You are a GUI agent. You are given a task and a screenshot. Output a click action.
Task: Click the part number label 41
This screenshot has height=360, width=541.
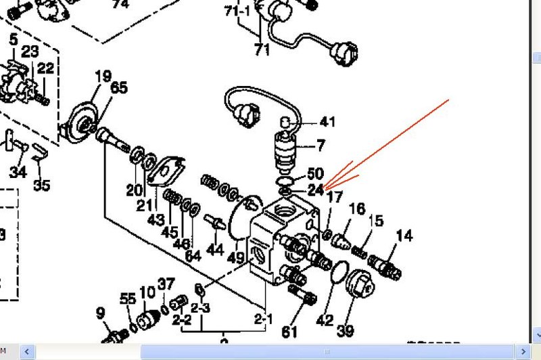tap(327, 122)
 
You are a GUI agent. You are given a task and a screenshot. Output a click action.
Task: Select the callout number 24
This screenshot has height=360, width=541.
tap(316, 190)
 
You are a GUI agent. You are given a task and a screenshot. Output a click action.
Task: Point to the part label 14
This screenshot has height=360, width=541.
tap(404, 235)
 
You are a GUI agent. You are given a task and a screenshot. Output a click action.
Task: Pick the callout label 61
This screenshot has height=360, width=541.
tap(289, 332)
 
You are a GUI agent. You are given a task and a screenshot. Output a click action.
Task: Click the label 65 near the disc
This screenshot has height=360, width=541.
tap(119, 87)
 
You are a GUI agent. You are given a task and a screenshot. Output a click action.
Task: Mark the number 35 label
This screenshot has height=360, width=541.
tap(42, 184)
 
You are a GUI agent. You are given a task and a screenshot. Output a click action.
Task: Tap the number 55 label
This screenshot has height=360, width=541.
tap(128, 298)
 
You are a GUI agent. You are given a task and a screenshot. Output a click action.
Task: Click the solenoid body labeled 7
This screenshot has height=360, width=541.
tap(287, 153)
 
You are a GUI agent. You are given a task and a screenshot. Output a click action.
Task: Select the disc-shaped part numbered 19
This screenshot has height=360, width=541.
tap(85, 122)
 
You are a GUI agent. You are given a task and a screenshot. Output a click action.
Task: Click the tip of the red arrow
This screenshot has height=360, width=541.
tap(325, 187)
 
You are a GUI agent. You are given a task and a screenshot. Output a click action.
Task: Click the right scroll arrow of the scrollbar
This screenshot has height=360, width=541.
tap(521, 352)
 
